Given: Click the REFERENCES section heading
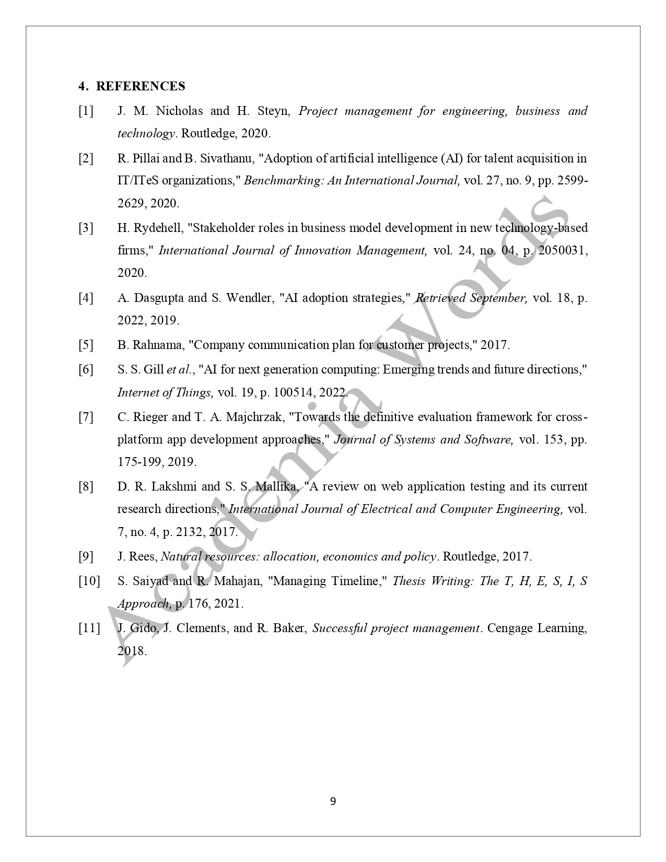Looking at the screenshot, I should (x=140, y=86).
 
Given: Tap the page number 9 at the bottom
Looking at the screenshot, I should (x=333, y=801).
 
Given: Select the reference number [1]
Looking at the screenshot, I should (x=86, y=111).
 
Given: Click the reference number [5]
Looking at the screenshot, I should (x=86, y=345).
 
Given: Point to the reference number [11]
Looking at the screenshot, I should (x=89, y=628).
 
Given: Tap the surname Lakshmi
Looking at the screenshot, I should (x=174, y=486).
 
